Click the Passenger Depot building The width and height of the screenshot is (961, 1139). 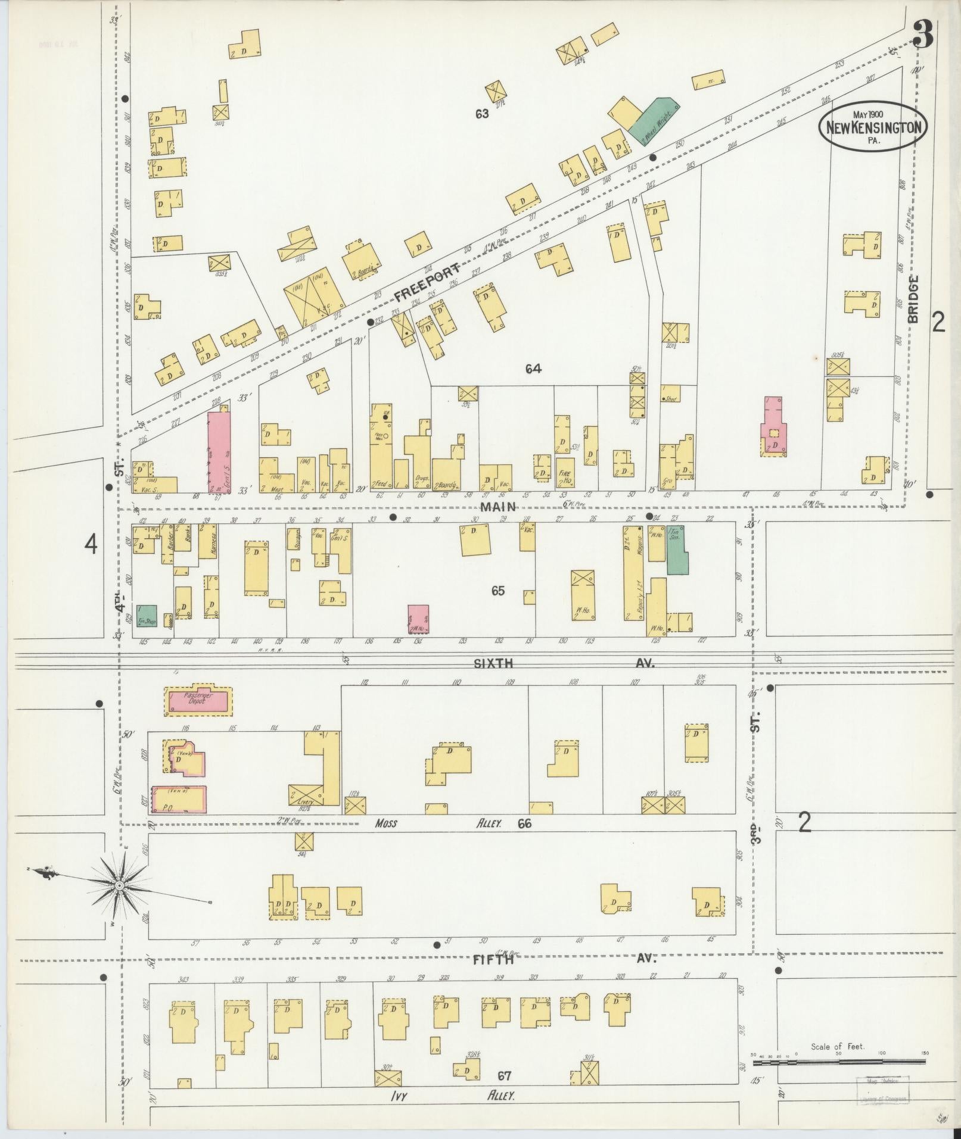(198, 700)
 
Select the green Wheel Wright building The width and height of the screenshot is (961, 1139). (654, 121)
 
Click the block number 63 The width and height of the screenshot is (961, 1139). (482, 114)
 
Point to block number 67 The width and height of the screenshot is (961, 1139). (505, 1075)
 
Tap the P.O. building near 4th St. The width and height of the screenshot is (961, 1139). (179, 799)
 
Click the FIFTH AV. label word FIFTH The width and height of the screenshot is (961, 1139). (493, 959)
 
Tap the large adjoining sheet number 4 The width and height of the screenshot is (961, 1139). (91, 544)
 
